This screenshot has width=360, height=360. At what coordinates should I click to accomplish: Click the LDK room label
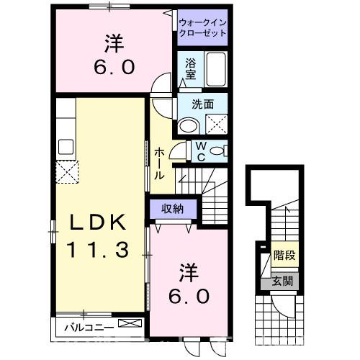tap(99, 222)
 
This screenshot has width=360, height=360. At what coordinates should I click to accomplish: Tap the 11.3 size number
tap(99, 250)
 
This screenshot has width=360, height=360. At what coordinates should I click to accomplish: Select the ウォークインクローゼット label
tap(202, 28)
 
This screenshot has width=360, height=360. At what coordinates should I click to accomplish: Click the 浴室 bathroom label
tap(190, 68)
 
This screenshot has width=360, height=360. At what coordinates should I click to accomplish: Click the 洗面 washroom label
tap(202, 104)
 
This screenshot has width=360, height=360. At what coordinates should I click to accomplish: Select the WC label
tap(202, 151)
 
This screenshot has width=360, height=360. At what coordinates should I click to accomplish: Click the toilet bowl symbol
tap(222, 150)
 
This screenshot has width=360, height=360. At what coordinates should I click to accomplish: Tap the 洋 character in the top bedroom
tap(112, 45)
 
